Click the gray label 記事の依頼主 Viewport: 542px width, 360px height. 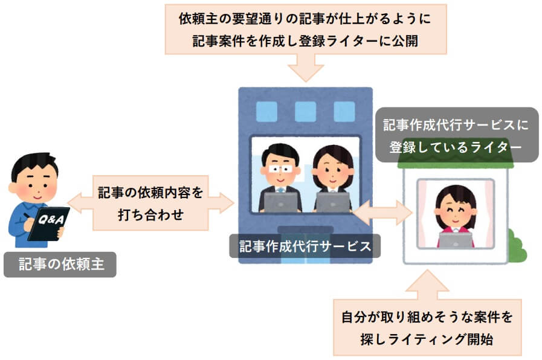tap(59, 264)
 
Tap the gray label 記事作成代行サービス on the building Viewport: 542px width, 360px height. tap(304, 246)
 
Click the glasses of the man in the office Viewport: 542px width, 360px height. tap(280, 168)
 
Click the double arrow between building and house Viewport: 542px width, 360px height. tap(382, 212)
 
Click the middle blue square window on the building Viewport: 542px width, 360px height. tap(305, 111)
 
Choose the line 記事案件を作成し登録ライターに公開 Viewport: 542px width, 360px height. tap(305, 41)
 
